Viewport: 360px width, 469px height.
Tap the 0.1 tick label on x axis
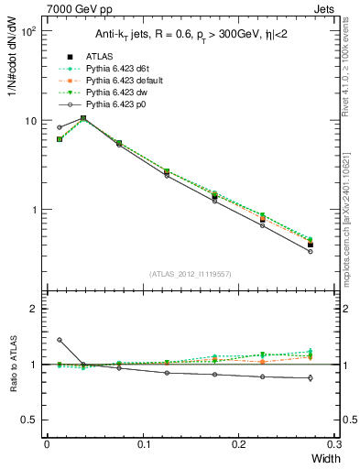pos(143,443)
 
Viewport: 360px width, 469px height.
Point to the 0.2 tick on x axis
pos(239,443)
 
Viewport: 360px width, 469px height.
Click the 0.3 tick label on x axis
pos(333,443)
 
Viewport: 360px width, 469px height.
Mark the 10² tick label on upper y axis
pos(27,31)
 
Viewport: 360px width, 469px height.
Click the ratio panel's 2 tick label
pos(32,309)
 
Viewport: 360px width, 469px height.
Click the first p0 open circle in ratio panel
pos(60,340)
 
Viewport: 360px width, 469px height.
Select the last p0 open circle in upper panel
pos(311,251)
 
